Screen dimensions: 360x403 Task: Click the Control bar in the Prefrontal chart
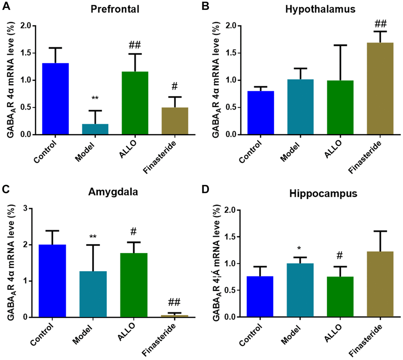(x=56, y=99)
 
